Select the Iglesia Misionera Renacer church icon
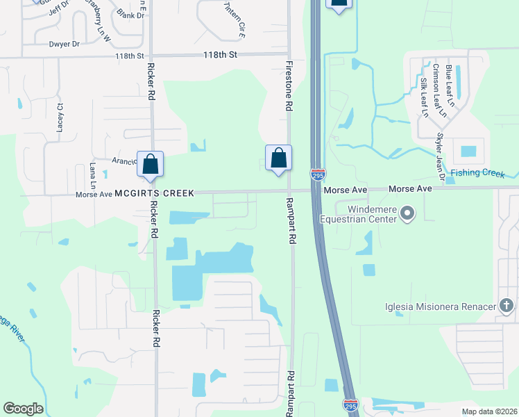coord(507,306)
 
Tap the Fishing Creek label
coord(477,173)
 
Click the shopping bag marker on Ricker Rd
coord(150,165)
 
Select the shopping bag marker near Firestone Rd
coord(278,158)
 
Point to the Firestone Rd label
coord(287,87)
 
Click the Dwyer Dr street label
coord(65,44)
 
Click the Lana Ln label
coord(93,174)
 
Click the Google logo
coord(23,409)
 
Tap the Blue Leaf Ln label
coord(450,85)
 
